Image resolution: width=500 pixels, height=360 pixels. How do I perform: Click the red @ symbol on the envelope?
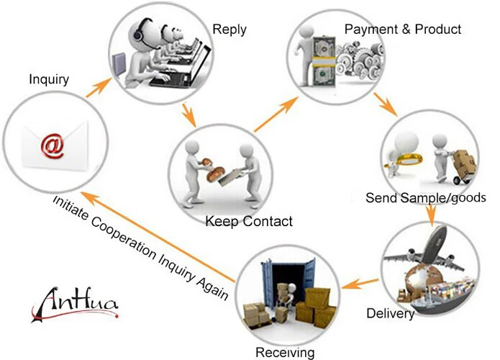pos(53,145)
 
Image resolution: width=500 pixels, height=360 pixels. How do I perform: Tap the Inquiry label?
pos(49,79)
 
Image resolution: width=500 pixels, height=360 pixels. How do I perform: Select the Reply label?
pos(229,30)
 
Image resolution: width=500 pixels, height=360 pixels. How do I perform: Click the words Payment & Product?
pos(403,30)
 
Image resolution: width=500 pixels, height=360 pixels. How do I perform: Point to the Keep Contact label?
pos(249,221)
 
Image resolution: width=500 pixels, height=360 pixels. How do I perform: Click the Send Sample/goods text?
pos(426,197)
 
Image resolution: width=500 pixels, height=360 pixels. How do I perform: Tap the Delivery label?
pos(391,313)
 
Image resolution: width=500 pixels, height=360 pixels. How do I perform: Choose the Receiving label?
pos(285,353)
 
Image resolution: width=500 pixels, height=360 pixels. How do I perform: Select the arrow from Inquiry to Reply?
pos(99,87)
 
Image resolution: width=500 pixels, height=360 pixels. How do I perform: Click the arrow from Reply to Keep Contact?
pos(188,114)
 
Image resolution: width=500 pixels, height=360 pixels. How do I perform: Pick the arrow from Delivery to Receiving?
pos(360,283)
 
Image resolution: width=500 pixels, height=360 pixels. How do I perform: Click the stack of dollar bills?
pos(324,61)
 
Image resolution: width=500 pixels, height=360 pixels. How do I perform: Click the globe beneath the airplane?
pos(421,281)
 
